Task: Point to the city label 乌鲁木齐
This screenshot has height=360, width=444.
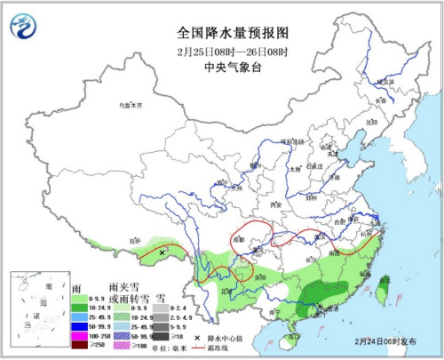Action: click(131, 105)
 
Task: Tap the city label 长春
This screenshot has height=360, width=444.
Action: click(381, 100)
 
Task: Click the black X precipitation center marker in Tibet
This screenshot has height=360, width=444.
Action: click(161, 253)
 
